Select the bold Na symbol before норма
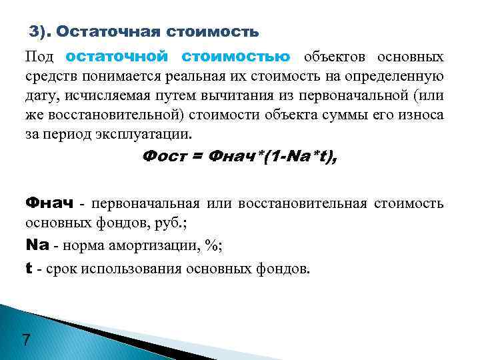click(x=37, y=245)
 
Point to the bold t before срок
click(x=29, y=269)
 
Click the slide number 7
click(x=25, y=341)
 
